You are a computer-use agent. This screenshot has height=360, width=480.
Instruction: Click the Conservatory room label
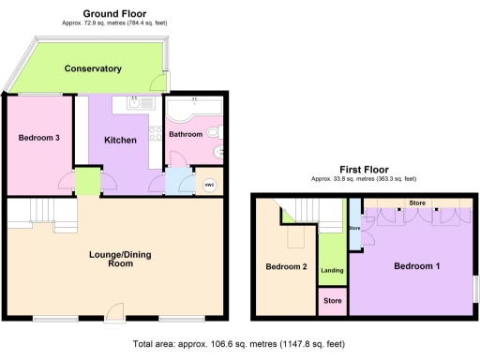pyautogui.click(x=94, y=68)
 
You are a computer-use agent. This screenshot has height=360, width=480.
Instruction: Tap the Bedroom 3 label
pyautogui.click(x=39, y=138)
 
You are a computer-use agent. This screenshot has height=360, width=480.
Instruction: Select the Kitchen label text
pyautogui.click(x=121, y=141)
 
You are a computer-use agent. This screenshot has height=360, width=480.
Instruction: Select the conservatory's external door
pyautogui.click(x=166, y=82)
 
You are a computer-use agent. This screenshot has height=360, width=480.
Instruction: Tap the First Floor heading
pyautogui.click(x=363, y=170)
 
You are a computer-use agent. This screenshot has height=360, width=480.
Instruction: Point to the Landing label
pyautogui.click(x=332, y=271)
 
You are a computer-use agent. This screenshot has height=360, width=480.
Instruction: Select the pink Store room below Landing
pyautogui.click(x=332, y=302)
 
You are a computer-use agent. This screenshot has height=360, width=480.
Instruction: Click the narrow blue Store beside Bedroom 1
pyautogui.click(x=354, y=228)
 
